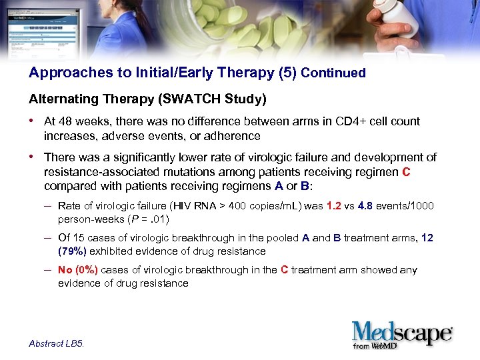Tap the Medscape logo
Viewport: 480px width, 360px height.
click(403, 335)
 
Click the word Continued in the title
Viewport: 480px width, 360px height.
click(333, 73)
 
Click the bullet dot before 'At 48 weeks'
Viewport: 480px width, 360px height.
click(32, 121)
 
